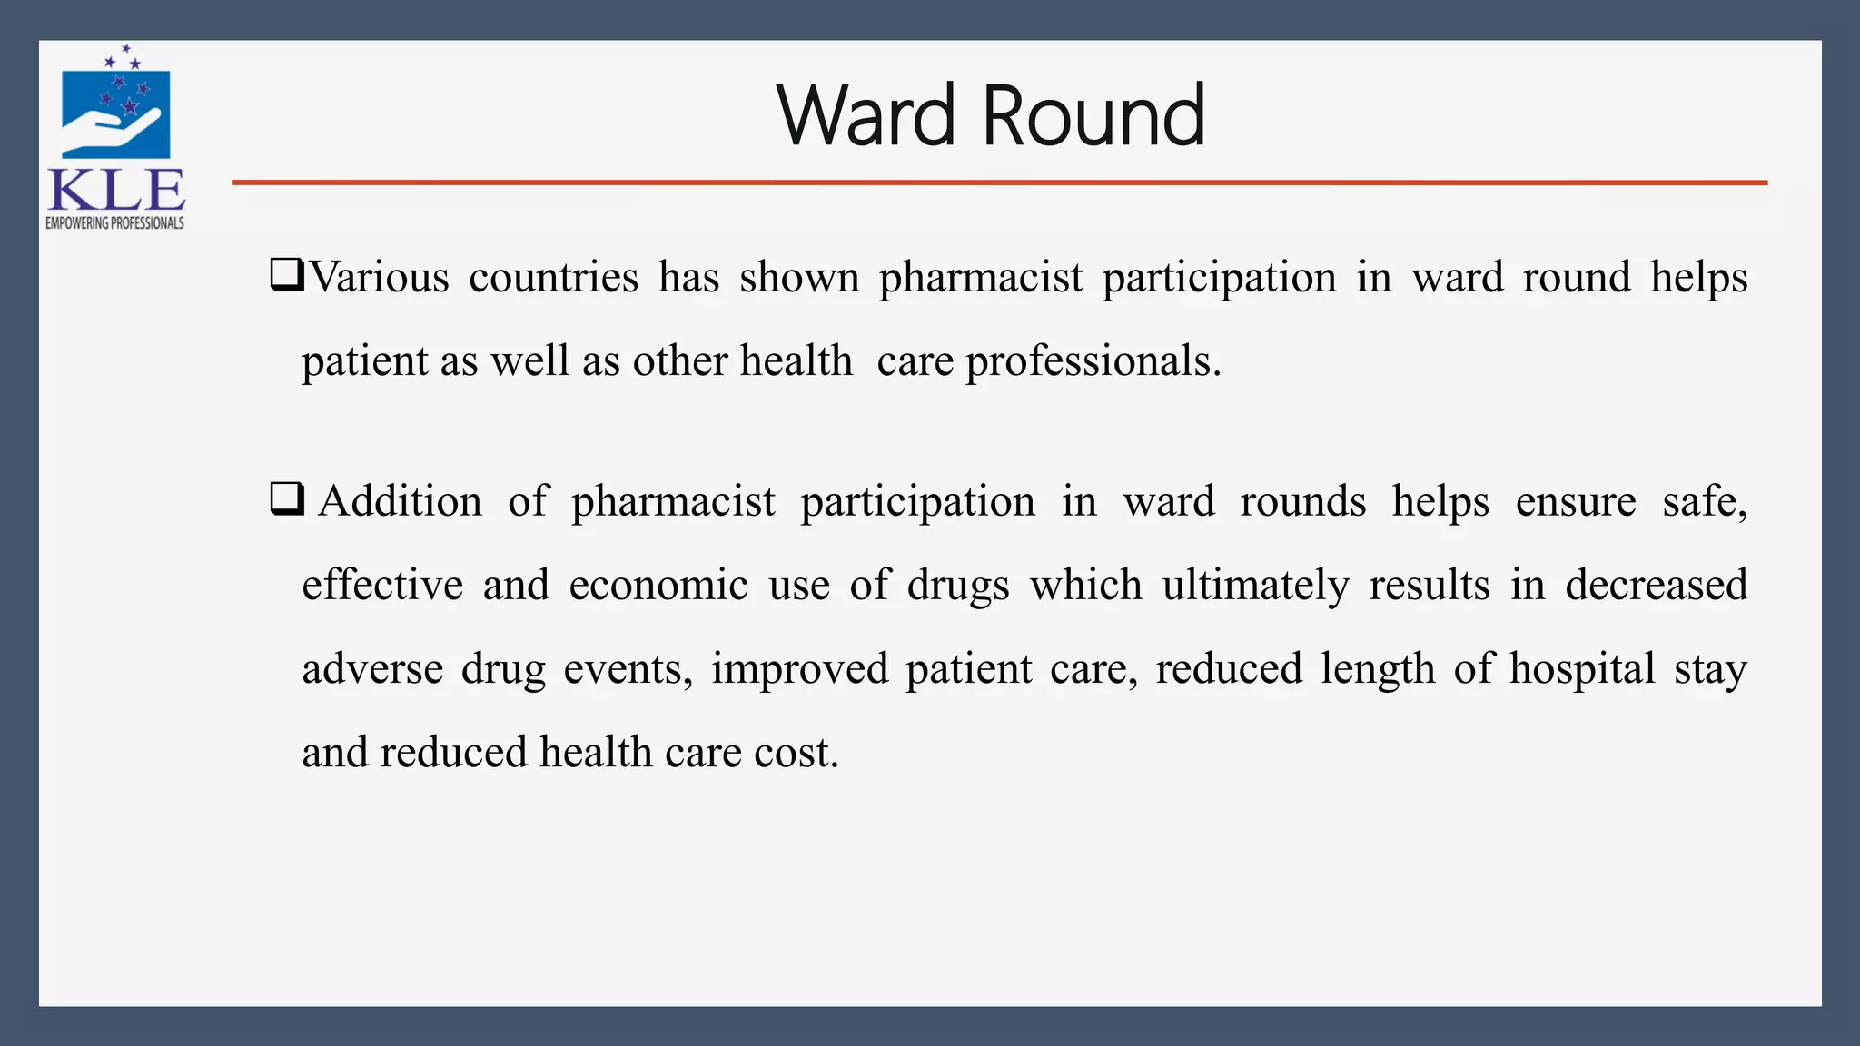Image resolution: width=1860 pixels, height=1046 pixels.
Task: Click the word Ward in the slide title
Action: pos(866,115)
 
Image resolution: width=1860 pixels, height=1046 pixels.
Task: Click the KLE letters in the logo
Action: pos(116,191)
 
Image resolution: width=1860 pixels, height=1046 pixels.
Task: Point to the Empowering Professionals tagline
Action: pos(115,223)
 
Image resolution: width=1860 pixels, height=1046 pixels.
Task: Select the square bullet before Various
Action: pos(286,274)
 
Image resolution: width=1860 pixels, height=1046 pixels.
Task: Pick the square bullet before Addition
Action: pos(286,498)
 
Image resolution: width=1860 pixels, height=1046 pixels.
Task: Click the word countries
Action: pos(553,277)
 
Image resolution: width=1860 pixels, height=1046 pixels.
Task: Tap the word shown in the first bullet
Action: pos(799,277)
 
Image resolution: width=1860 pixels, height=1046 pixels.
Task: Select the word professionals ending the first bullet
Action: pos(1093,361)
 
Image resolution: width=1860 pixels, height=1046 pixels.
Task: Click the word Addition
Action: pos(400,501)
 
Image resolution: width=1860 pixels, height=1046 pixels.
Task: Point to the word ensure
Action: pos(1576,501)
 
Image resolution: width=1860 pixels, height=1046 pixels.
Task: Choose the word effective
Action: pos(382,585)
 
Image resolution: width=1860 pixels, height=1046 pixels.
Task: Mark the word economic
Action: pos(658,585)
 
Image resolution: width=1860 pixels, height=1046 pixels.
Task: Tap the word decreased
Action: pos(1657,585)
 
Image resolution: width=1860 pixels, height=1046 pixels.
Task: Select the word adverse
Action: pos(372,668)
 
